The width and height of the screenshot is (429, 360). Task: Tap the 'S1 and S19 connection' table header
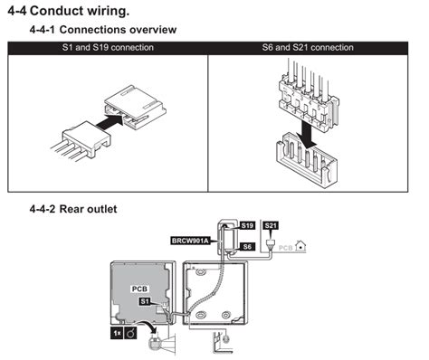[108, 46]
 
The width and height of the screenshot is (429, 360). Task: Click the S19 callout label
[247, 224]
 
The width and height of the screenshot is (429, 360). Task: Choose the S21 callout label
[270, 224]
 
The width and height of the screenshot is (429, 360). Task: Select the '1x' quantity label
[117, 334]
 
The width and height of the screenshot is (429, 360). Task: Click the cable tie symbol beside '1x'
[133, 334]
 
